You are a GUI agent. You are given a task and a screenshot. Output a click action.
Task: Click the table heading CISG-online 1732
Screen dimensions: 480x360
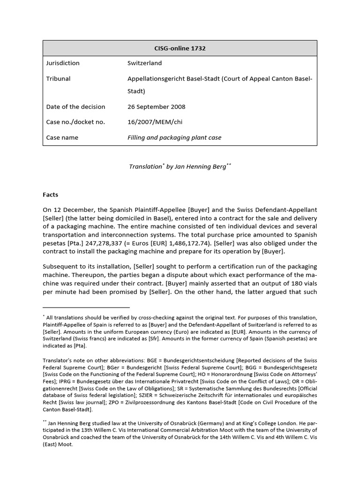pos(180,48)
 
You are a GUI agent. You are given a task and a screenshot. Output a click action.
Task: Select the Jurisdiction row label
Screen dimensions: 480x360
pos(63,63)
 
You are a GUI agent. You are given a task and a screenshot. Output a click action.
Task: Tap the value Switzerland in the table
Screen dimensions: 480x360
pos(144,63)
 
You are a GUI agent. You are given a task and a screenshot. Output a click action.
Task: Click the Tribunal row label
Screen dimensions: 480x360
pos(59,79)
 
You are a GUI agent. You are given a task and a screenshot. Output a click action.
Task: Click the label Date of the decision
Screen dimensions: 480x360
pos(75,106)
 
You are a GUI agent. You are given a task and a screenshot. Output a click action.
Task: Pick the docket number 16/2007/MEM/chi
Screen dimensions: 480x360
pos(155,122)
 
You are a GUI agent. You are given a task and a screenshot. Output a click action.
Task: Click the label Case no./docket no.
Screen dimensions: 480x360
pos(75,122)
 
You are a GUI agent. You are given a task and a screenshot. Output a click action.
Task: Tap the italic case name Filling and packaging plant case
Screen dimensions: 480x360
pos(174,138)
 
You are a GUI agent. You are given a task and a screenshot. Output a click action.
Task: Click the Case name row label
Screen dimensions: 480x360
pos(62,138)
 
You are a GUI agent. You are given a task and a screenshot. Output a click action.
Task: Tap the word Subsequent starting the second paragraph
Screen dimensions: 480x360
pos(60,266)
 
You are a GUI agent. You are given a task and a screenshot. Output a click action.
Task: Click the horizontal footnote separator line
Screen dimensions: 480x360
pos(86,307)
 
